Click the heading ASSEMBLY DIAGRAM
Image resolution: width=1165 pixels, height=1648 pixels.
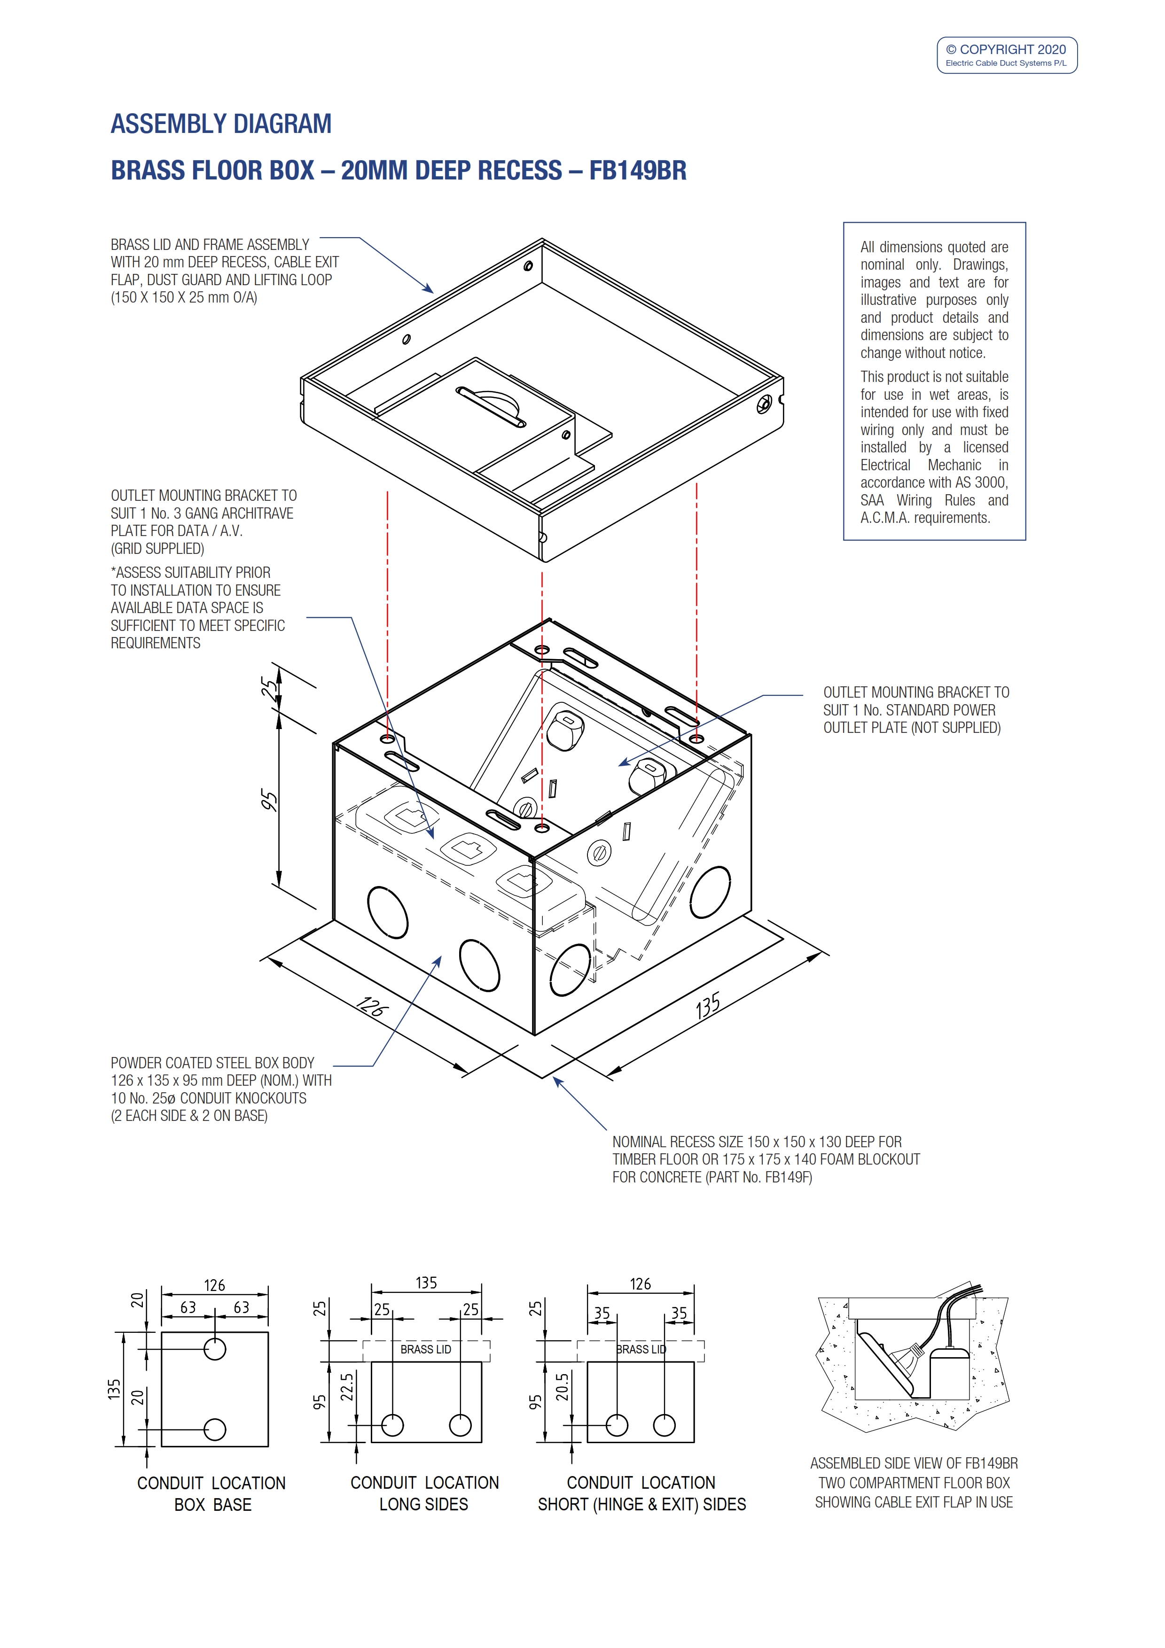[221, 124]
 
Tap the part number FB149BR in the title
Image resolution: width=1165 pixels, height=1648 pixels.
[637, 171]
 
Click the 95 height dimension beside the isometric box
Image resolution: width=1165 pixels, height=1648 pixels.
[268, 801]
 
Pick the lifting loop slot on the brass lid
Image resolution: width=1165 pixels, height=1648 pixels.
[491, 407]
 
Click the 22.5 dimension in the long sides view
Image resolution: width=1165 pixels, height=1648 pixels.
[347, 1387]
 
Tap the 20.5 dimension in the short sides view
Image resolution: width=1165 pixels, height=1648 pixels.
[562, 1387]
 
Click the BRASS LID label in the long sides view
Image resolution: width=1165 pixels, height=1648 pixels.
[426, 1349]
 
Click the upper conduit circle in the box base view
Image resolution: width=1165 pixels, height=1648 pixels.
[215, 1349]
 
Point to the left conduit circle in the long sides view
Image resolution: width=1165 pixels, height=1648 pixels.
[392, 1425]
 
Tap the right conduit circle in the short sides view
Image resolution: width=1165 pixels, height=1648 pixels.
[665, 1425]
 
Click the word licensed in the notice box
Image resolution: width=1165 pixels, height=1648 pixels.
[985, 447]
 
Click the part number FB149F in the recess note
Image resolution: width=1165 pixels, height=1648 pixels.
[788, 1177]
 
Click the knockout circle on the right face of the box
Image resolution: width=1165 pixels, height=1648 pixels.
[710, 892]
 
